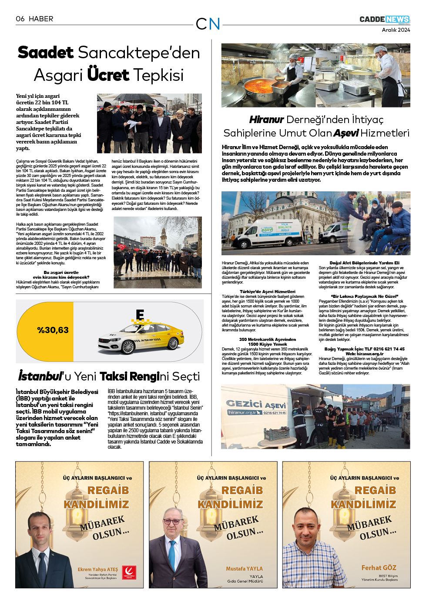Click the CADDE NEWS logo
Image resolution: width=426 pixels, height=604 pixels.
(385, 19)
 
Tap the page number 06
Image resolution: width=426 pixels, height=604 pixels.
(20, 19)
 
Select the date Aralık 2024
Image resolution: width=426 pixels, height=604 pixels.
(396, 30)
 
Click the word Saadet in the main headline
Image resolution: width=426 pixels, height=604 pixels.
(46, 53)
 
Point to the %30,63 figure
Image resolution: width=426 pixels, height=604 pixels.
(53, 330)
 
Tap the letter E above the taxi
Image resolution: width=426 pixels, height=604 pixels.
(140, 314)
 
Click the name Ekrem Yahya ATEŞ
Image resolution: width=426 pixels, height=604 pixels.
(98, 569)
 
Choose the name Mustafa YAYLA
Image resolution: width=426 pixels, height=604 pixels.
(244, 569)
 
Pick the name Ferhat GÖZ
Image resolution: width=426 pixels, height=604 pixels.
(379, 567)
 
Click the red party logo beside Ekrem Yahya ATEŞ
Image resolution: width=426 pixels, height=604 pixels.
(129, 572)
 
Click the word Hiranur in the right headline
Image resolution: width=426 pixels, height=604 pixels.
(266, 120)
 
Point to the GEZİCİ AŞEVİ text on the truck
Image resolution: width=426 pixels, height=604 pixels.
(256, 404)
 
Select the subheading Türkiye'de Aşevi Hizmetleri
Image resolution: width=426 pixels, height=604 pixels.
(267, 292)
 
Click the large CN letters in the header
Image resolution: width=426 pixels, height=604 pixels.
(208, 24)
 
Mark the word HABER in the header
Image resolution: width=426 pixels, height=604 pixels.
(41, 19)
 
